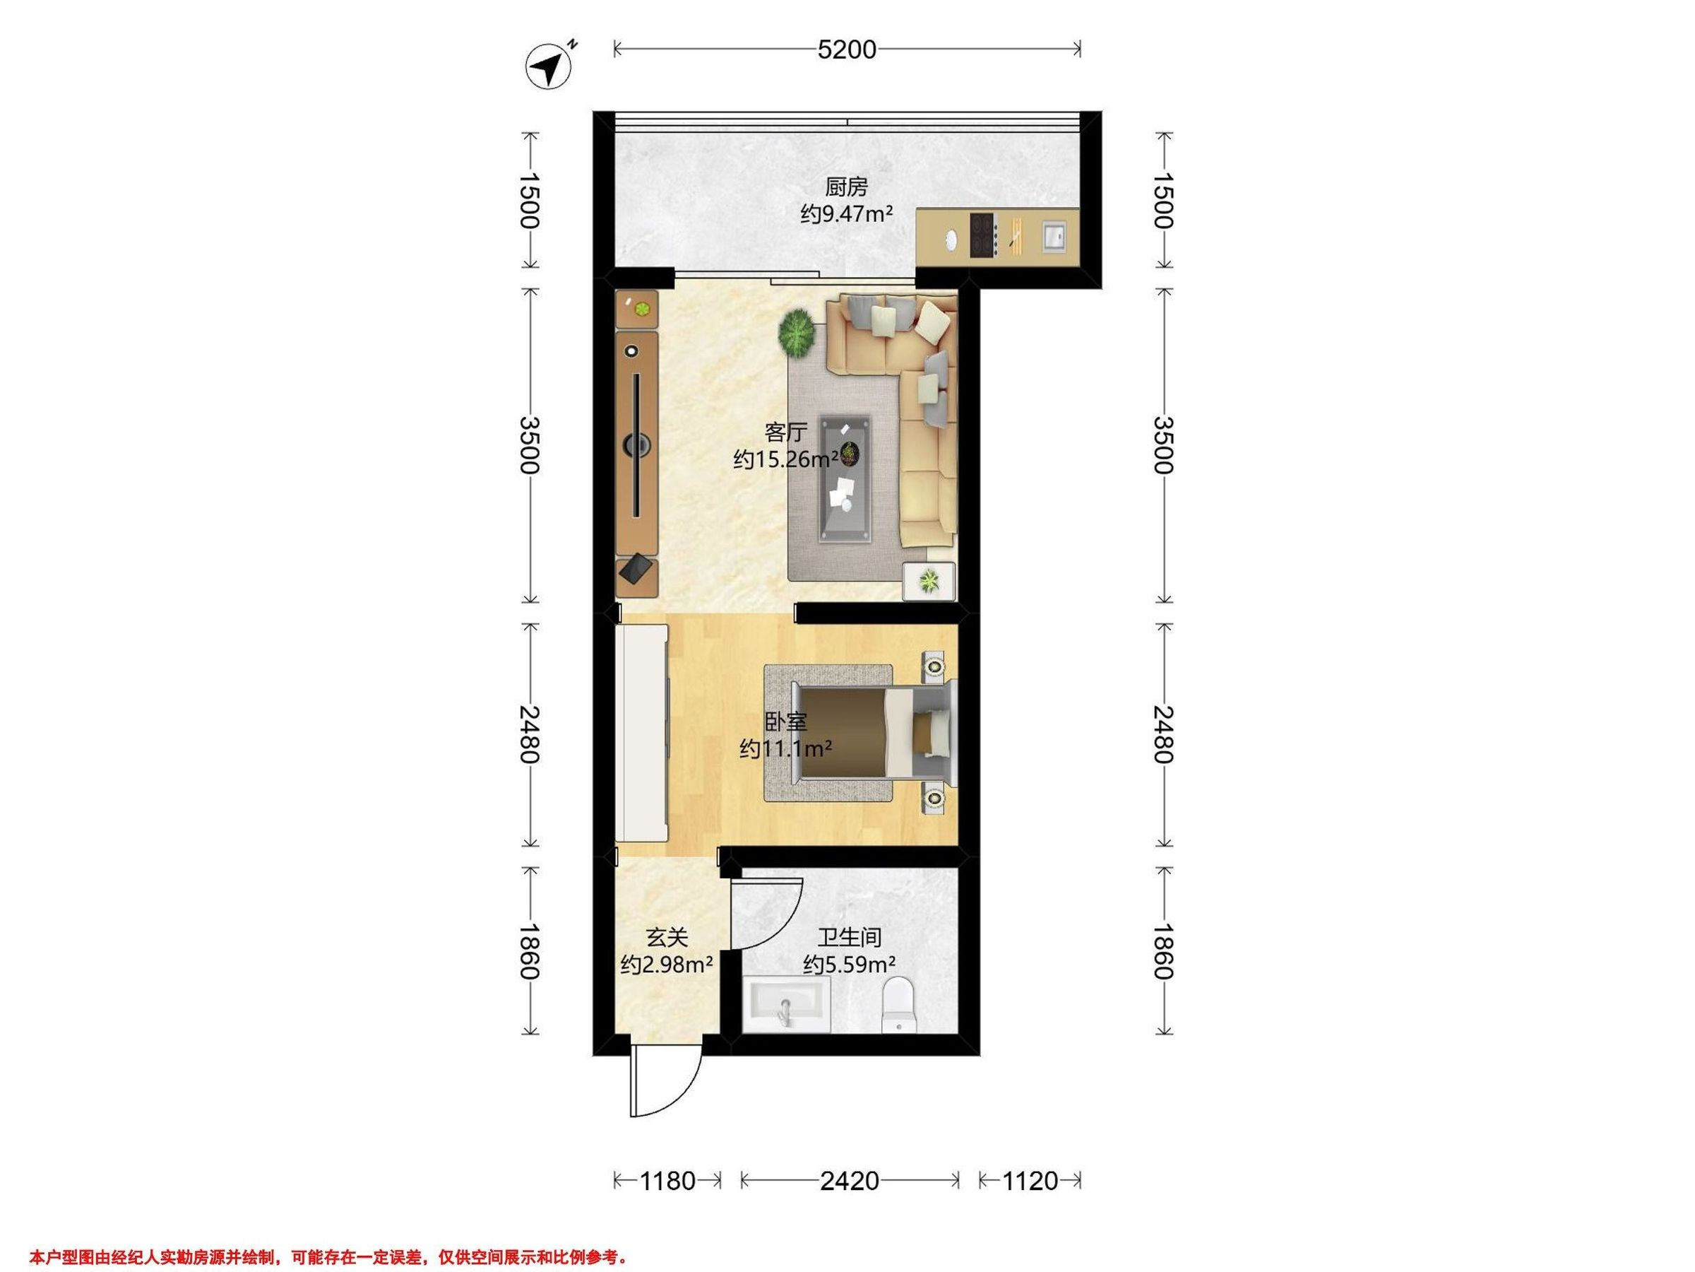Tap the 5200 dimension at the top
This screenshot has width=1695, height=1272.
coord(847,50)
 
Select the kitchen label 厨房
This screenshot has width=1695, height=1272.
coord(847,187)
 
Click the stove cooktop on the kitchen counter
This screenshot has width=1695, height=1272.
coord(982,235)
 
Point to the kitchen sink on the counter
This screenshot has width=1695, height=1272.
coord(1054,236)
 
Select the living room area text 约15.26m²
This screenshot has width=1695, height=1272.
coord(785,459)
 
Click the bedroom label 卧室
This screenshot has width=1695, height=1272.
coord(786,722)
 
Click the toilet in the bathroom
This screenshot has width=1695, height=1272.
coord(900,1004)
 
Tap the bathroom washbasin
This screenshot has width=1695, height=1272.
coord(787,1004)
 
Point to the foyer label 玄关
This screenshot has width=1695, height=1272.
coord(667,938)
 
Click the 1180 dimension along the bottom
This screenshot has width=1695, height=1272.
coord(667,1181)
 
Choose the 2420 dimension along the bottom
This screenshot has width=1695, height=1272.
coord(849,1181)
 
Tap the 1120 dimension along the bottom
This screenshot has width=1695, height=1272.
coord(1030,1181)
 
